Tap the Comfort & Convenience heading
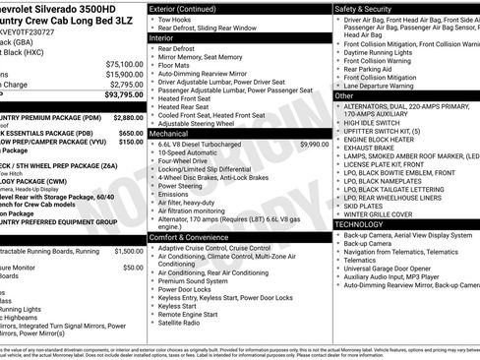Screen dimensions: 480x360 [x=198, y=237]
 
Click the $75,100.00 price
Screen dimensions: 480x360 [x=124, y=64]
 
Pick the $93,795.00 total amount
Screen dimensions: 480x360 [x=123, y=95]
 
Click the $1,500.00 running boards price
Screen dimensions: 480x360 [x=129, y=251]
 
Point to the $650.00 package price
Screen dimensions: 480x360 [x=131, y=133]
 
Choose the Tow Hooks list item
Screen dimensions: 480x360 [x=175, y=20]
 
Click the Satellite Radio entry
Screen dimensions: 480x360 [x=178, y=323]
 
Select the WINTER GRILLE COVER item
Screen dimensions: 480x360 [x=380, y=213]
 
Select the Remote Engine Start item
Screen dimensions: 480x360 [x=189, y=315]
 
